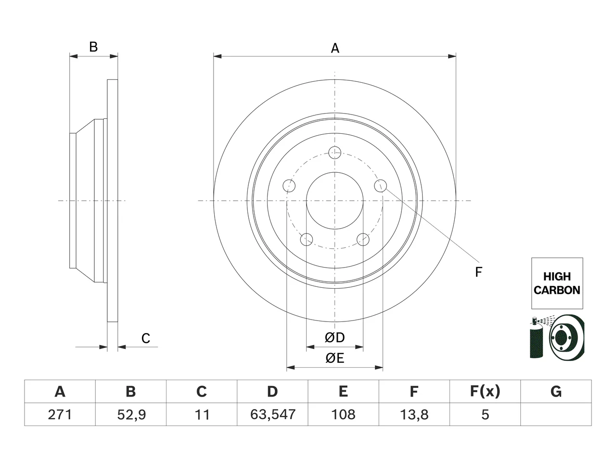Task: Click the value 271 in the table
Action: pos(60,414)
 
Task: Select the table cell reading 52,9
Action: pos(131,414)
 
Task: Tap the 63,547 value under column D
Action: pos(272,414)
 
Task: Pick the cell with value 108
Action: pos(343,414)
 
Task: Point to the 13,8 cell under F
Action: pos(414,414)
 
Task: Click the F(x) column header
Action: pos(485,391)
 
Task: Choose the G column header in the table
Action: pos(556,391)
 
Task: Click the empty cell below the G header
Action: pos(556,414)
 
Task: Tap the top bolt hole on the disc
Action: pos(335,153)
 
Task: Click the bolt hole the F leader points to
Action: pos(381,186)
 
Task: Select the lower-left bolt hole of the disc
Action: pos(307,239)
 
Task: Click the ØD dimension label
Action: pos(334,337)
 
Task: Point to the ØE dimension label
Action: pos(334,358)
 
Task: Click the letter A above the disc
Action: pos(335,48)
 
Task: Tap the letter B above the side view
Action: pos(93,47)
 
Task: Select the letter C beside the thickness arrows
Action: pos(146,339)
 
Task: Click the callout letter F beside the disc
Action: pos(478,272)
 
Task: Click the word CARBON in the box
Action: pos(557,290)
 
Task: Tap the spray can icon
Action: pos(536,337)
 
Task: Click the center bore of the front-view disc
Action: pos(335,201)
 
